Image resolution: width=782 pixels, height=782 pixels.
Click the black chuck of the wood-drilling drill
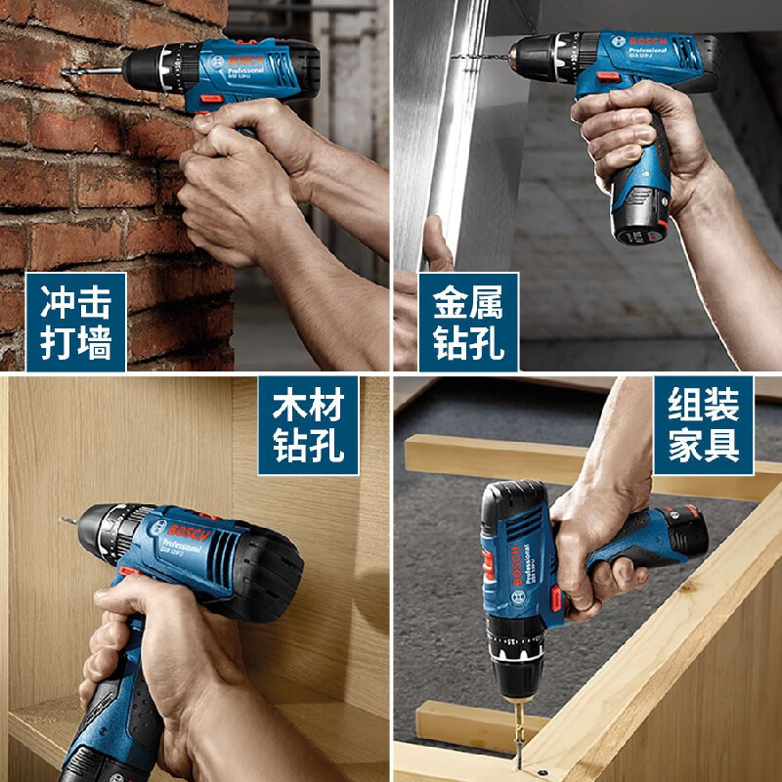tap(106, 533)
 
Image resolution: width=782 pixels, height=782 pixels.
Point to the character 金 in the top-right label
tap(444, 299)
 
